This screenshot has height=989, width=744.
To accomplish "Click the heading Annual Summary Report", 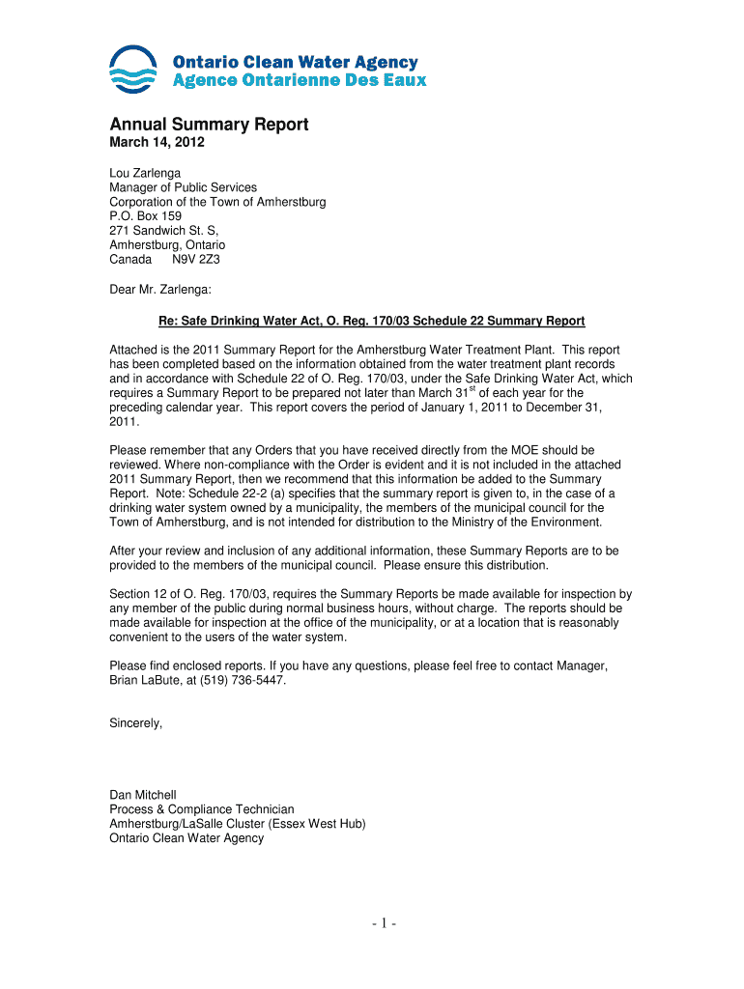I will [x=209, y=125].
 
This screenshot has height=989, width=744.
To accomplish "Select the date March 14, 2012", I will [x=157, y=144].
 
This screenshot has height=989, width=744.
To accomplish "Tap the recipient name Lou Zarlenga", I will [x=145, y=173].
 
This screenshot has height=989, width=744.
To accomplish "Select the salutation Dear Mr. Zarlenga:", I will [x=159, y=288].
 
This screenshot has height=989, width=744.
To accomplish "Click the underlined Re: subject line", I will [x=372, y=321].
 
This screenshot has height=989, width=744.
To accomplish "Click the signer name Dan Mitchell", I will [x=143, y=795].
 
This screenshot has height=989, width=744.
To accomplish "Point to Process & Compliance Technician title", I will [x=202, y=809].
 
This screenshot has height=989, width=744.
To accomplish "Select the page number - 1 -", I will [x=372, y=924].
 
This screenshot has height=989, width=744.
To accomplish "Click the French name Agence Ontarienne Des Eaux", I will [x=299, y=80].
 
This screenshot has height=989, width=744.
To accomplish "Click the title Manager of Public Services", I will [x=183, y=187].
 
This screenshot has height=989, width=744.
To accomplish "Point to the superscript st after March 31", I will [x=472, y=388].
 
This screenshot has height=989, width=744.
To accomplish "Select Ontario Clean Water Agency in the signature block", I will [x=186, y=838].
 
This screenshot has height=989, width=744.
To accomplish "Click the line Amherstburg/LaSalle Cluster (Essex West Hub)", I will [x=237, y=824].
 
